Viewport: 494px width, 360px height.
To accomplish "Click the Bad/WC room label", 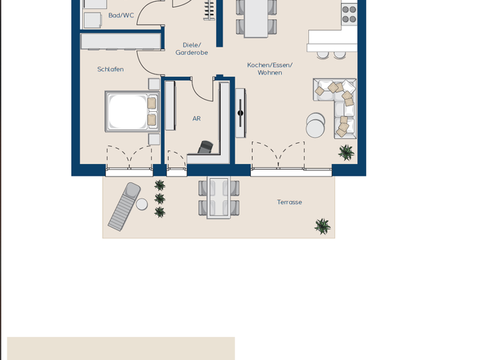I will pos(121,15).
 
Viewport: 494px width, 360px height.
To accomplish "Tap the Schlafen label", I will pos(110,69).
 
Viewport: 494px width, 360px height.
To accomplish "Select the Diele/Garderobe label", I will pos(192,49).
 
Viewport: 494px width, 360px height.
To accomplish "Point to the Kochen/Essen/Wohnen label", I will pos(270,69).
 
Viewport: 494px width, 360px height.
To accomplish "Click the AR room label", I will pos(196,119).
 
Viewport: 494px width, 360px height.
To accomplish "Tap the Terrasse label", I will pos(289,203).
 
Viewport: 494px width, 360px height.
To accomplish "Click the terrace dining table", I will pos(219,197).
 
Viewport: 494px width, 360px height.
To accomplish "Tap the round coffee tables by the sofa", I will pos(315,125).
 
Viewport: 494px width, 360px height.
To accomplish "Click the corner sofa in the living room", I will pos(338,106).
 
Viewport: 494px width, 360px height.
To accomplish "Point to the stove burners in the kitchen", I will pos(349,14).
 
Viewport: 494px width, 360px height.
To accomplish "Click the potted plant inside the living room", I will pos(346,152).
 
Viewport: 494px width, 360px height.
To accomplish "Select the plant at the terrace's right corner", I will pos(322,226).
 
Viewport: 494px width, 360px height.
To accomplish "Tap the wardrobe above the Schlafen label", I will pos(120,42).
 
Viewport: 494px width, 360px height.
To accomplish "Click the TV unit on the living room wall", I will pos(240,113).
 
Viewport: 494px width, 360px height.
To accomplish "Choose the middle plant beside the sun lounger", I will pos(160,199).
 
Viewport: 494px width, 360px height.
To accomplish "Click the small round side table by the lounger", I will pos(142,204).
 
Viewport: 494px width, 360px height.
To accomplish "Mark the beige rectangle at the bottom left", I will pos(121,348).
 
